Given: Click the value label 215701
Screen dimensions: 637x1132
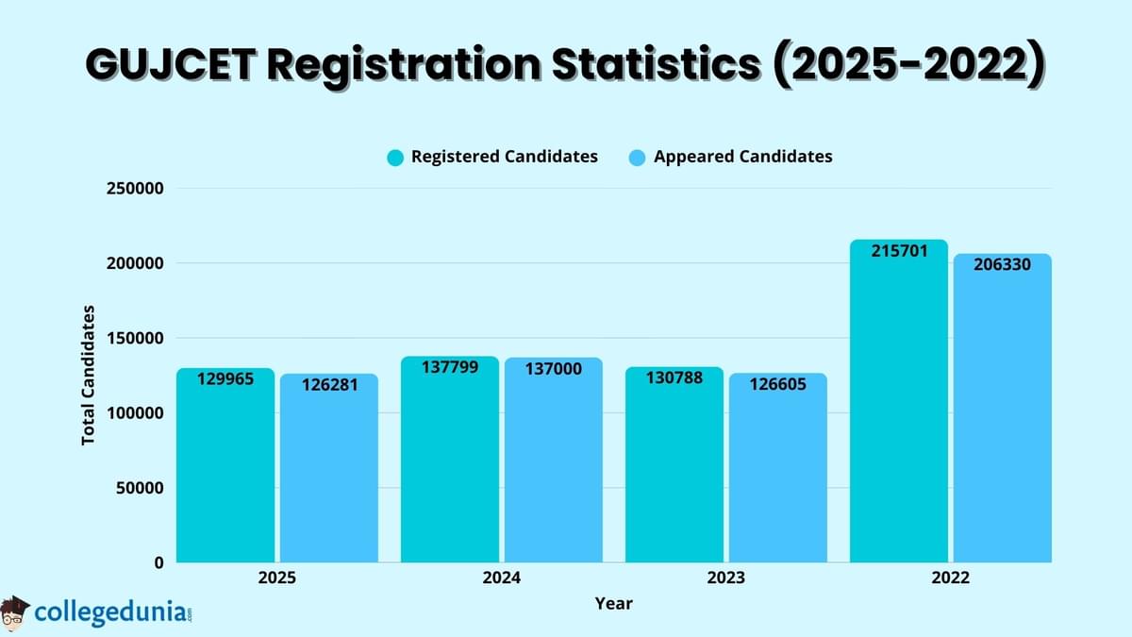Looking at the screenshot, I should [899, 252].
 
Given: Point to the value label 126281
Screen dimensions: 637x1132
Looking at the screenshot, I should [329, 385].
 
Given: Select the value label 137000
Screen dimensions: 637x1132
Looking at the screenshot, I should [554, 369].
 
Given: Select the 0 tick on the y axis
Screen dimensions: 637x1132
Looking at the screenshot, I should [158, 563].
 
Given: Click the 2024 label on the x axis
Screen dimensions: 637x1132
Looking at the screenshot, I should [501, 578].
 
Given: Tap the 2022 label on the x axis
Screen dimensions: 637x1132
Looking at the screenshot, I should [950, 578].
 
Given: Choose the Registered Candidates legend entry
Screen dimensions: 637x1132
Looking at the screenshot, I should [504, 157].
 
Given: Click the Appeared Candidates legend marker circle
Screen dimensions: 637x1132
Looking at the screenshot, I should [637, 158].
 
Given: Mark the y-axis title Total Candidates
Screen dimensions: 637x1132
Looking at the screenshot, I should [89, 375].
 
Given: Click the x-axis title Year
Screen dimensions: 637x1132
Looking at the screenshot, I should [614, 603].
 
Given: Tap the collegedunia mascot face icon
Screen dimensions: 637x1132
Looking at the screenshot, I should [15, 612].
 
